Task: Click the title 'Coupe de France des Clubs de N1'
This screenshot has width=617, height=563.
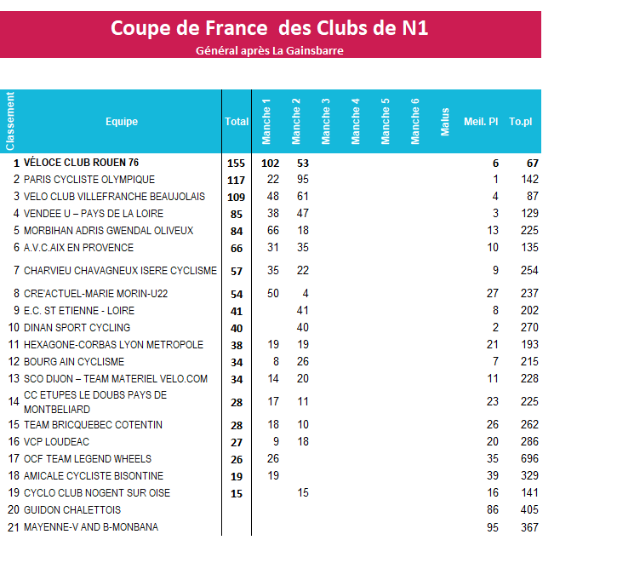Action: point(269,28)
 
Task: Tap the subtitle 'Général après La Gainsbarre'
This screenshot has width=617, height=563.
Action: point(270,51)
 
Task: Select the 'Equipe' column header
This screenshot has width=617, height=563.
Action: point(122,121)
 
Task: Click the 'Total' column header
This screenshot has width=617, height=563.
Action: point(237,121)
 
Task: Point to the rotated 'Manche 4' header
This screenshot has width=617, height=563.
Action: point(356,121)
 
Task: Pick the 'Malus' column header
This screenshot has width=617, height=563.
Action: point(444,122)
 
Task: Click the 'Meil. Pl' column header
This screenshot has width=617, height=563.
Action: point(481,121)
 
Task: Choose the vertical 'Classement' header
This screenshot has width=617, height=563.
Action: point(10,121)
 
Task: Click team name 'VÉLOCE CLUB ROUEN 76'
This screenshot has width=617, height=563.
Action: point(81,163)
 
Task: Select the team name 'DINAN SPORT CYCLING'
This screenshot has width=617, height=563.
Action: point(77,328)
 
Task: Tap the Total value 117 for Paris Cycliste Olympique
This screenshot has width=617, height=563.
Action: point(236,181)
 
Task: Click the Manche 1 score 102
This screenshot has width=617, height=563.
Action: point(270,164)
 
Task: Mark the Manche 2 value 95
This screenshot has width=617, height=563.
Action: point(303,179)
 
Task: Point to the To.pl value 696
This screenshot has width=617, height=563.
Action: point(529,458)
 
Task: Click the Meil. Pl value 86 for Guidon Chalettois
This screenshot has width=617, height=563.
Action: point(492,510)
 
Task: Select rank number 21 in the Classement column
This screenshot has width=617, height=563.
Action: point(14,527)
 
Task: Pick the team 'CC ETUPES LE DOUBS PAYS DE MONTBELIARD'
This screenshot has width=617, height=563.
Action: point(95,402)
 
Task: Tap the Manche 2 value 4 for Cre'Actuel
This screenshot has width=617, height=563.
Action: point(306,293)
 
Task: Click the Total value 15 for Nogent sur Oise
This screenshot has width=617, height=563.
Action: point(237,494)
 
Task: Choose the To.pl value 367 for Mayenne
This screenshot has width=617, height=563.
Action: point(529,527)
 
